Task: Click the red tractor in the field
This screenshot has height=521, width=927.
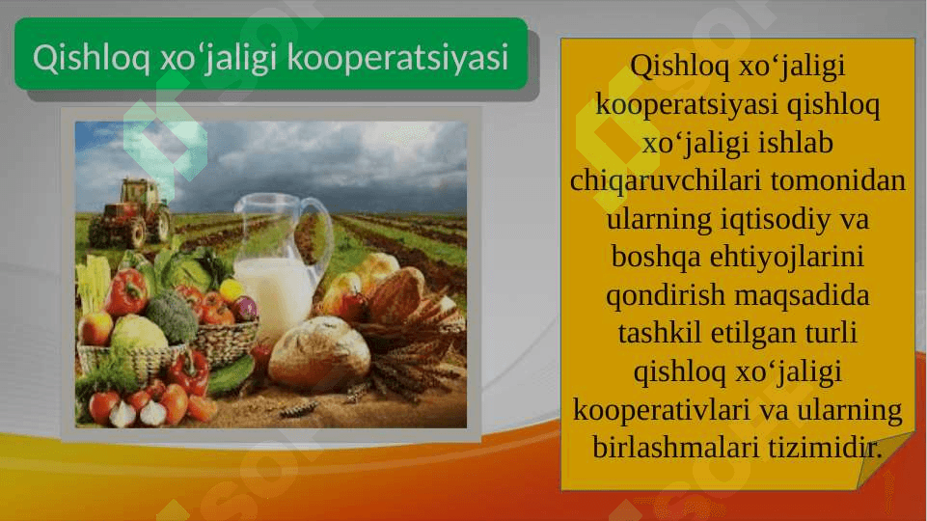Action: (130, 213)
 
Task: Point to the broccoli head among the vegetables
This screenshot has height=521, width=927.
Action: (171, 317)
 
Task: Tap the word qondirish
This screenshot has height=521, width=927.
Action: (666, 295)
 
